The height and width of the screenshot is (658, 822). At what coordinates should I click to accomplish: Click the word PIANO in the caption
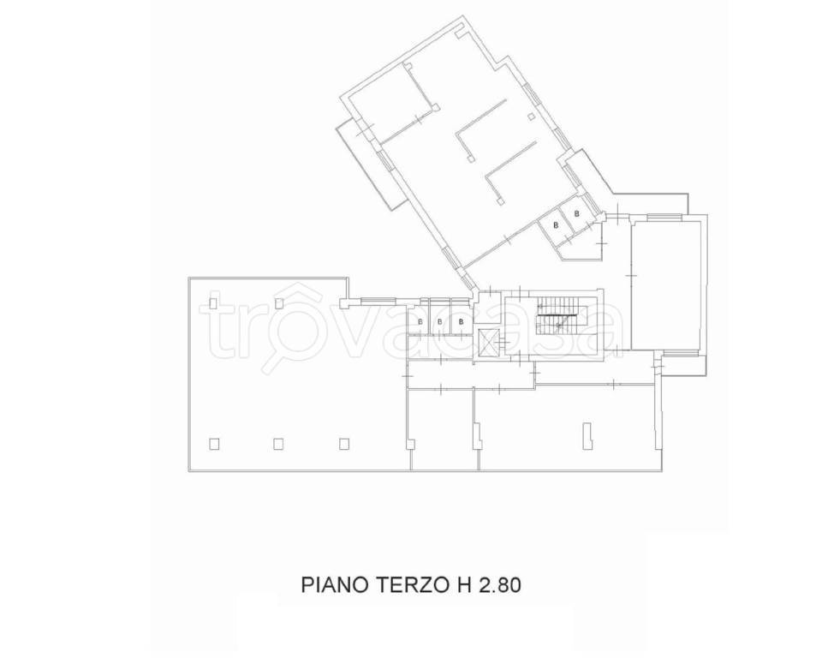[x=335, y=585]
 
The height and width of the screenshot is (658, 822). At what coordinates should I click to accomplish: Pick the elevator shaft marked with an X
[x=488, y=342]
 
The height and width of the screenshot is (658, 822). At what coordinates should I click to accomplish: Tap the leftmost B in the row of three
[x=420, y=322]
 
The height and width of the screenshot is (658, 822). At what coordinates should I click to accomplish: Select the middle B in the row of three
[x=440, y=322]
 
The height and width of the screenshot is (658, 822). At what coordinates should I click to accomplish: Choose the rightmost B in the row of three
[x=461, y=322]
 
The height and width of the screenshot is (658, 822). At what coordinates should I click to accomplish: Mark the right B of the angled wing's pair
[x=577, y=213]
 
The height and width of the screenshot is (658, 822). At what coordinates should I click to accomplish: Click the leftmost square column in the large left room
[x=214, y=444]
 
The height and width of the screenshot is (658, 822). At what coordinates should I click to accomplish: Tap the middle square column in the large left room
[x=278, y=444]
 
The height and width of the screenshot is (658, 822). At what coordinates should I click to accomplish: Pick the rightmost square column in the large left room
[x=343, y=444]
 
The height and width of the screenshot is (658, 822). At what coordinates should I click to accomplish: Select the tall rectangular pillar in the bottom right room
[x=587, y=435]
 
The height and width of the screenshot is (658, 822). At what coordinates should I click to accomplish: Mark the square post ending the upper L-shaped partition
[x=471, y=159]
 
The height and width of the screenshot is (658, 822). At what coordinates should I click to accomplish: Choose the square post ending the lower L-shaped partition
[x=499, y=202]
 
